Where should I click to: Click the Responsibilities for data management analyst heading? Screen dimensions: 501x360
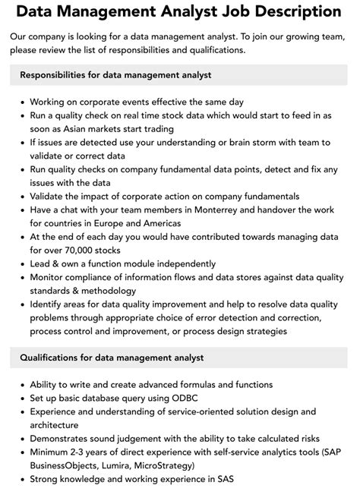[115, 75]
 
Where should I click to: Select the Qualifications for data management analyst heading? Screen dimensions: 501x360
[112, 358]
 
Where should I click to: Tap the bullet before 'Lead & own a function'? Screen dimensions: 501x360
[21, 263]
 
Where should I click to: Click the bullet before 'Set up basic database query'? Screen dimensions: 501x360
[21, 399]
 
